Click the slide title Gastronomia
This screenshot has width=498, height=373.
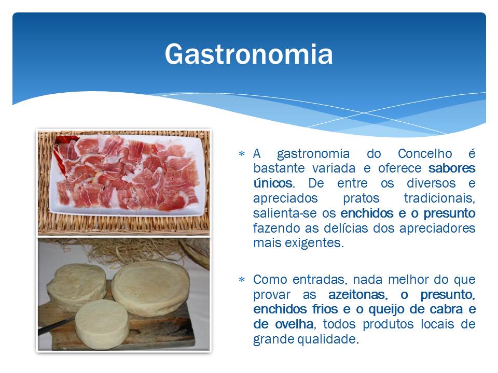pos(248,54)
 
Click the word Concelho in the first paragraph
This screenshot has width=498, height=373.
pos(425,153)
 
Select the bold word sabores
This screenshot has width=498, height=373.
pos(452,168)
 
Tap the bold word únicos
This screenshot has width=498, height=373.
pos(273,183)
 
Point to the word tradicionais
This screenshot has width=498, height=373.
pos(439,198)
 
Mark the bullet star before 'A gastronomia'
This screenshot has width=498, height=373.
pos(242,154)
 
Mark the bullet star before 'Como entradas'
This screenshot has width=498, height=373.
pos(242,280)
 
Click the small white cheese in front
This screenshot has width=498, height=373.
pos(102,324)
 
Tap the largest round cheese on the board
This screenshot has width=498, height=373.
pos(150,289)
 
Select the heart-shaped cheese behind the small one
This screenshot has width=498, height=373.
pos(77,286)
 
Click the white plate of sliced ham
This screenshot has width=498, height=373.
pos(128,176)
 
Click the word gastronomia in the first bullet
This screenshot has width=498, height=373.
pos(313,154)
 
